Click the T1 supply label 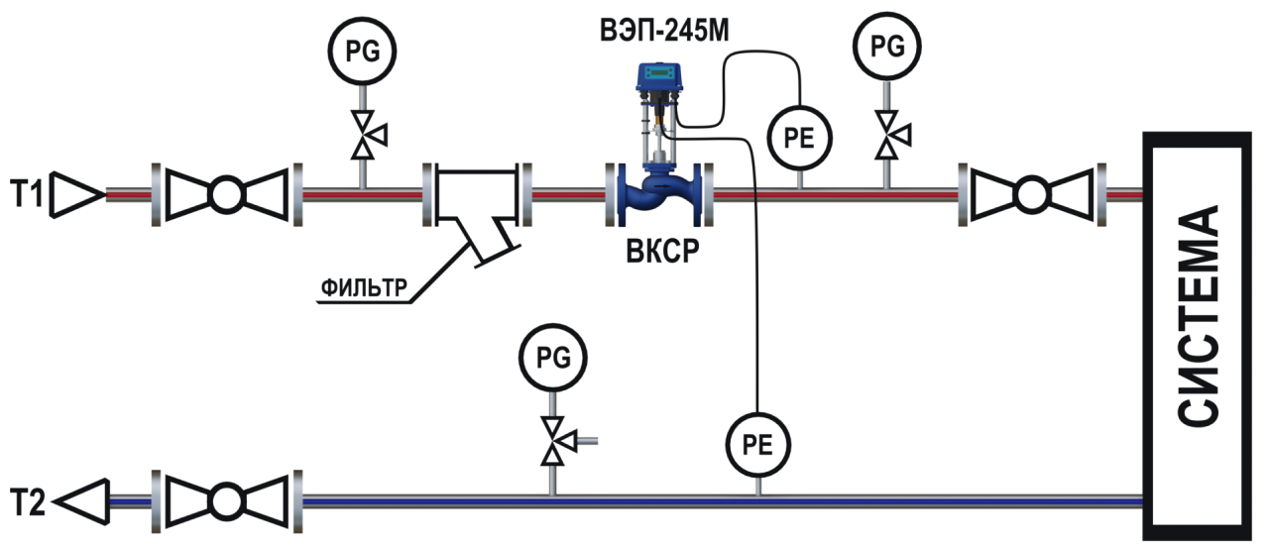(27, 194)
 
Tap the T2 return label (28, 501)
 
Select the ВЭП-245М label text (664, 31)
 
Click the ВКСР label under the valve (662, 251)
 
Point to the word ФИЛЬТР (364, 287)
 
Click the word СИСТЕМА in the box (1198, 314)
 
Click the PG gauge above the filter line (362, 52)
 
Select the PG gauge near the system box (887, 47)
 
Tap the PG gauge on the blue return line (553, 358)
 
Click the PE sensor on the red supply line (799, 138)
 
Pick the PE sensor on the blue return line (758, 445)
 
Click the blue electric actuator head (659, 77)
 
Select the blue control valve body (659, 194)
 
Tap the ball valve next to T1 (226, 194)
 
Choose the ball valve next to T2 (226, 501)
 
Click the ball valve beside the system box (1032, 194)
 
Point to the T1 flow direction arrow (77, 194)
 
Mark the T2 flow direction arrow (81, 501)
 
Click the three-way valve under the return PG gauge (555, 441)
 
